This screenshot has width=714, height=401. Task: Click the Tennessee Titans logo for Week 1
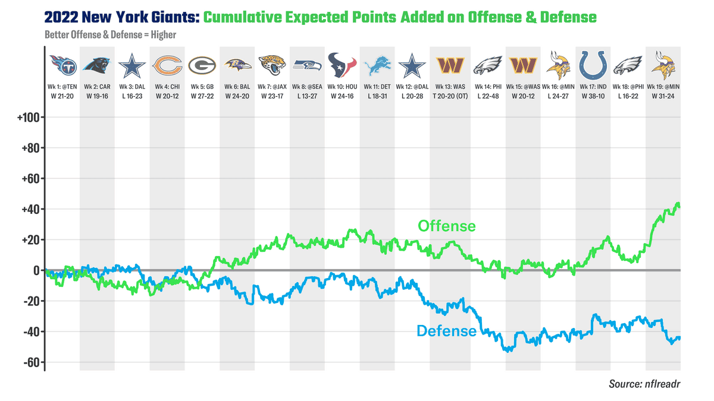62,66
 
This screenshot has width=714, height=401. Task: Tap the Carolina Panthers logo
97,66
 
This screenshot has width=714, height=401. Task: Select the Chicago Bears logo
167,66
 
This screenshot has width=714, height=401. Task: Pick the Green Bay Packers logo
202,66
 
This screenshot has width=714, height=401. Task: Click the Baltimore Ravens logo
237,66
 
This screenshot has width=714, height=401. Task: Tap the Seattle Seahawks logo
308,66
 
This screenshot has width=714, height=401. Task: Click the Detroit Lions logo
377,66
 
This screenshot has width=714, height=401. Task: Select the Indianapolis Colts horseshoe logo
593,65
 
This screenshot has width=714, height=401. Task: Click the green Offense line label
447,226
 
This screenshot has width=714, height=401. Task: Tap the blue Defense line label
447,331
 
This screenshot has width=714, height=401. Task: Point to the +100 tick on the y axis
28,118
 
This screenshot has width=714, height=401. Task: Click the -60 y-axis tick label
30,362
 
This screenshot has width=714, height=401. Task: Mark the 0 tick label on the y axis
36,271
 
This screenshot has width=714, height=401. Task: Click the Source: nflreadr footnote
644,384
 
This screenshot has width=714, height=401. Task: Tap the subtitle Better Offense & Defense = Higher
110,34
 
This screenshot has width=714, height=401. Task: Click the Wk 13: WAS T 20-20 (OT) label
450,91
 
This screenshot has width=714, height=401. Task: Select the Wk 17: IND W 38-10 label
593,91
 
